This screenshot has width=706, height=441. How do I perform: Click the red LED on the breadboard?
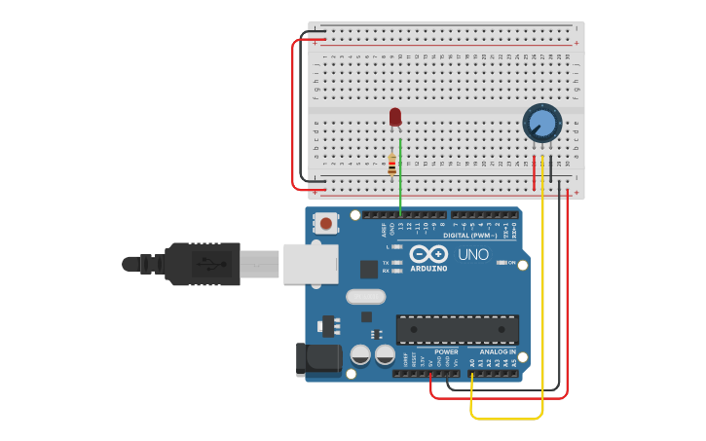tap(394, 117)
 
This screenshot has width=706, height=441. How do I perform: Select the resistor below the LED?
tap(392, 165)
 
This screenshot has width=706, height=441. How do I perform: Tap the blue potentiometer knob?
tap(541, 124)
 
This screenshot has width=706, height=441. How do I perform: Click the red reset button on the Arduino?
tap(325, 224)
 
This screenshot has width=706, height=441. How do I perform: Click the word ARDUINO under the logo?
tap(427, 268)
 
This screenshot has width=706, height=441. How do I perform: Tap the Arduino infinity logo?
tap(427, 253)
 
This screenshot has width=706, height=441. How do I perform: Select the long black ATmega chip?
tap(457, 329)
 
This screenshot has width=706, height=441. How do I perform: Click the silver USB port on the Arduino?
tap(311, 264)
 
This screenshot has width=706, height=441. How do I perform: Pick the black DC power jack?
tap(317, 359)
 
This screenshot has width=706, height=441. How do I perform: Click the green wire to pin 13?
tap(400, 180)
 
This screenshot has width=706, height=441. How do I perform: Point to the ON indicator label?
tap(512, 263)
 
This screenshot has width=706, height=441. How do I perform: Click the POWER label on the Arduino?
tap(446, 351)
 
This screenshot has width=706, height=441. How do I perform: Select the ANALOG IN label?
tap(499, 351)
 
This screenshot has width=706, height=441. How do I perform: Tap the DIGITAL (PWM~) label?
tap(470, 236)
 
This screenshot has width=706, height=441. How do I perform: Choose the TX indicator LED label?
tap(386, 263)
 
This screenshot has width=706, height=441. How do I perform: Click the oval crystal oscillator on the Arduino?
tap(365, 297)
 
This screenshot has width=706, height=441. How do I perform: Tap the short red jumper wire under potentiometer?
tap(535, 172)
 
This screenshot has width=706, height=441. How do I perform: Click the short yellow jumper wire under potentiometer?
tap(542, 172)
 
